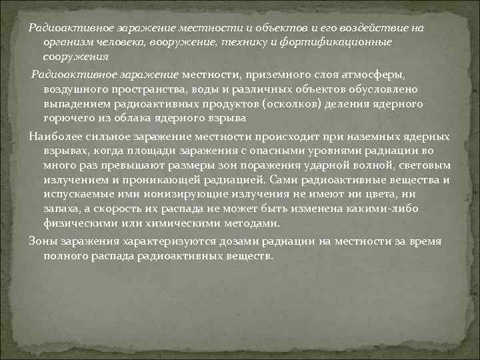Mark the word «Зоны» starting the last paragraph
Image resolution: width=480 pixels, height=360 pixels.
click(43, 241)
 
